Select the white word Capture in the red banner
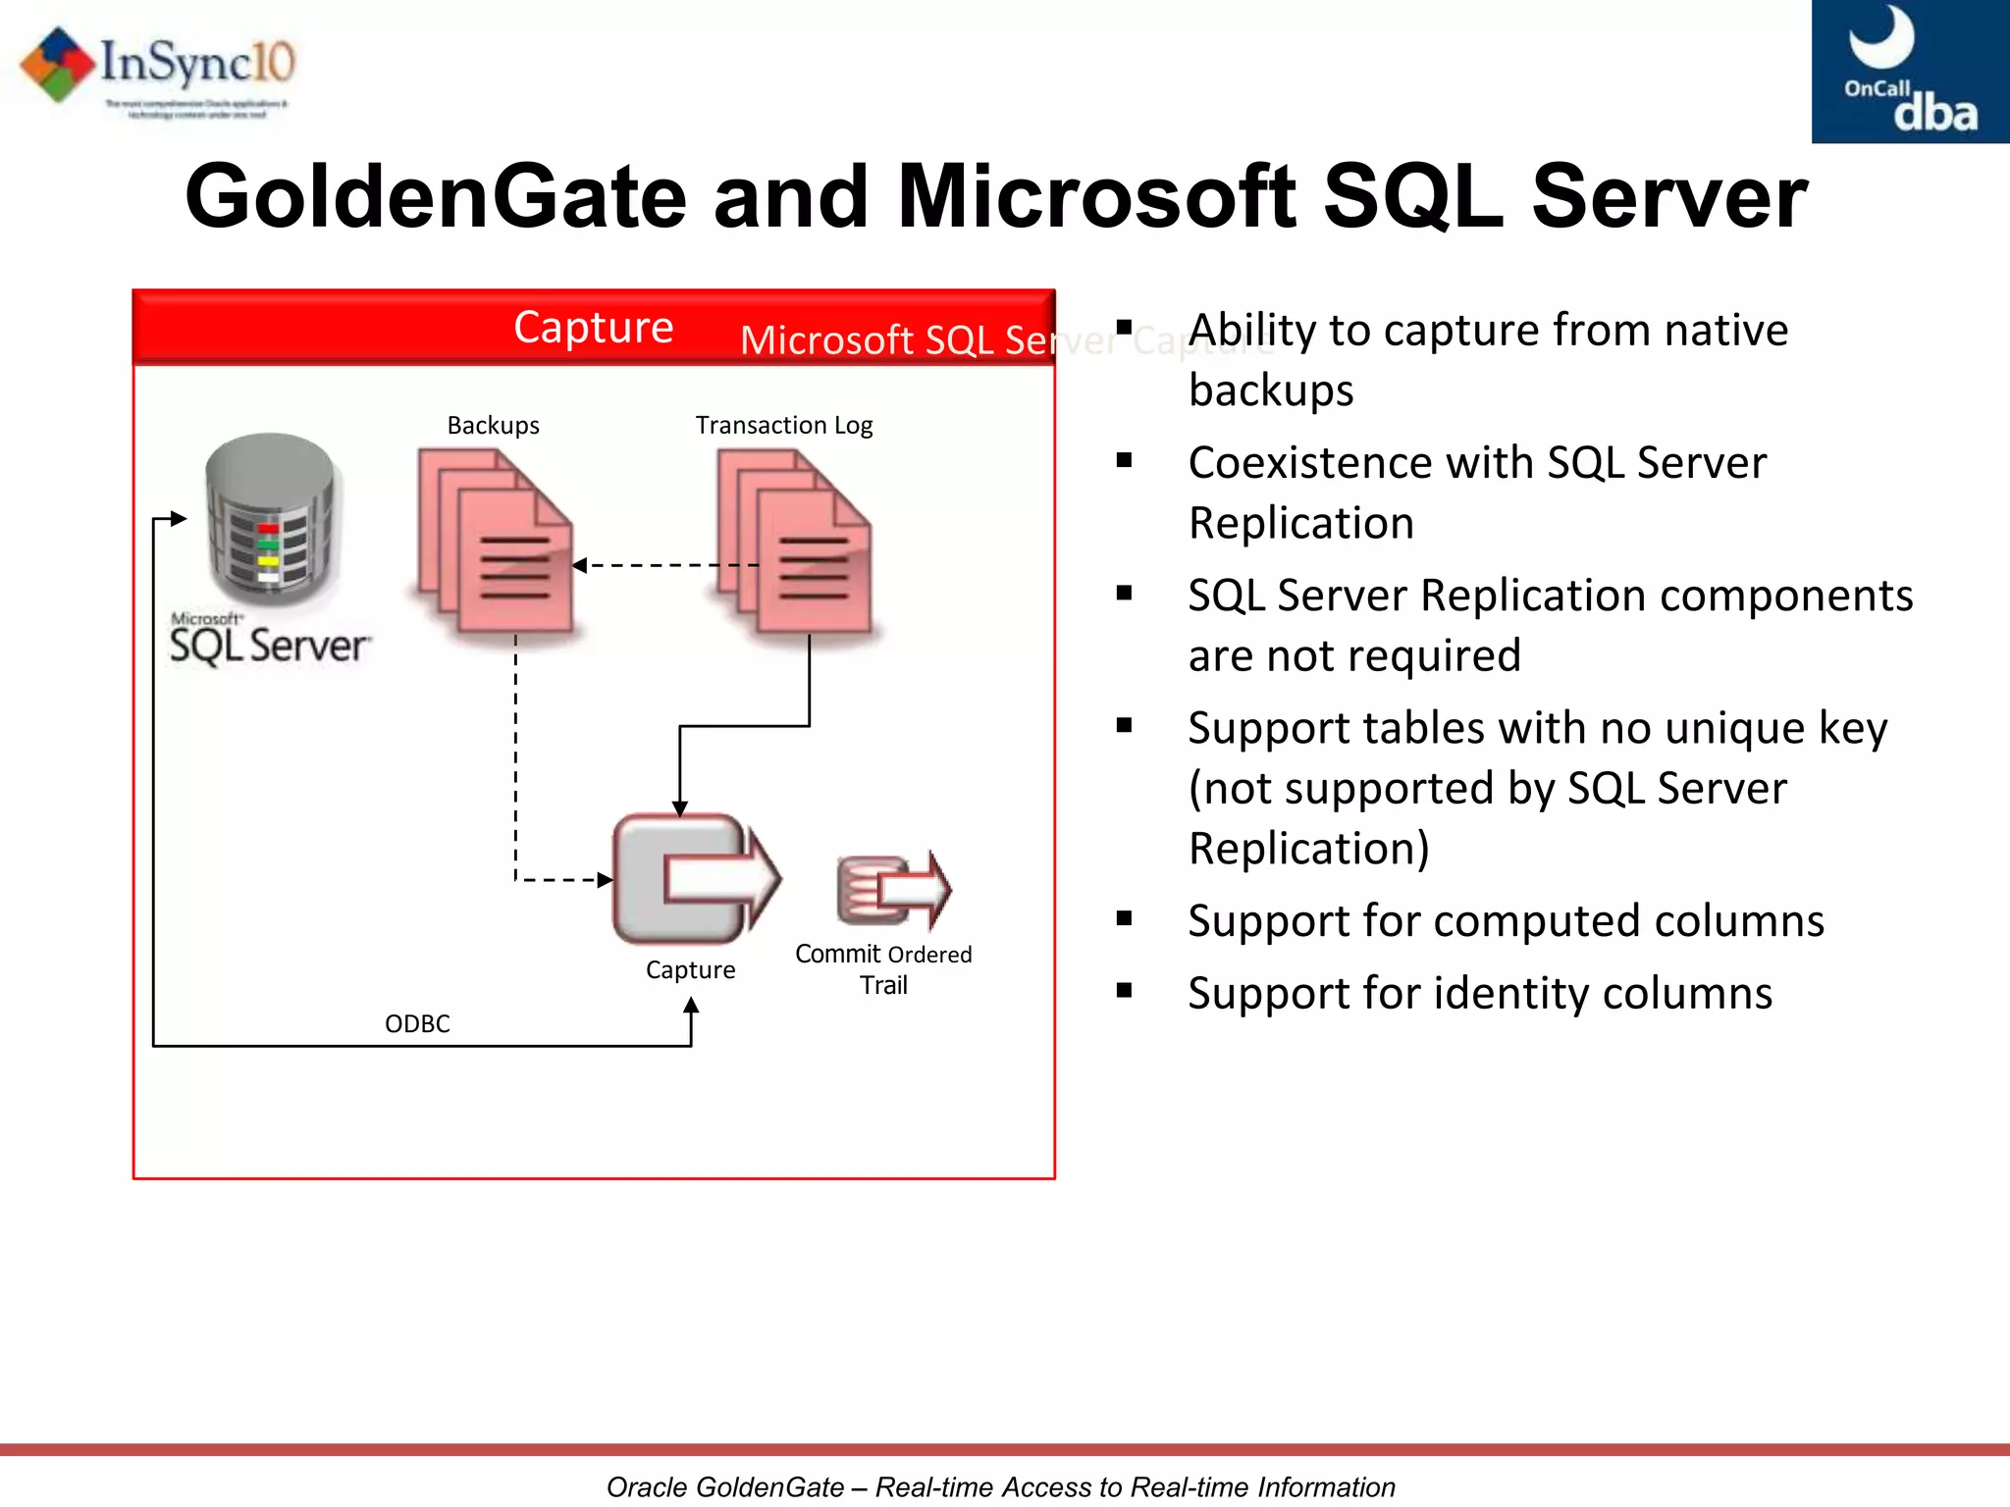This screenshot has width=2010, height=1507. coord(593,327)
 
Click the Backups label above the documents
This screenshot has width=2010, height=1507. coord(493,425)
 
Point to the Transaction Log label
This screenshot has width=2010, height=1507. coord(783,425)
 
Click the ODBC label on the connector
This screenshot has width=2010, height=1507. coord(417,1023)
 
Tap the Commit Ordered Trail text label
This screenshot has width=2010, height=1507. coord(882,968)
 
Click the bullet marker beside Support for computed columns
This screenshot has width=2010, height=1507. coord(1125,918)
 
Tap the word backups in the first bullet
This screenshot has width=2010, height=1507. coord(1271,390)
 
